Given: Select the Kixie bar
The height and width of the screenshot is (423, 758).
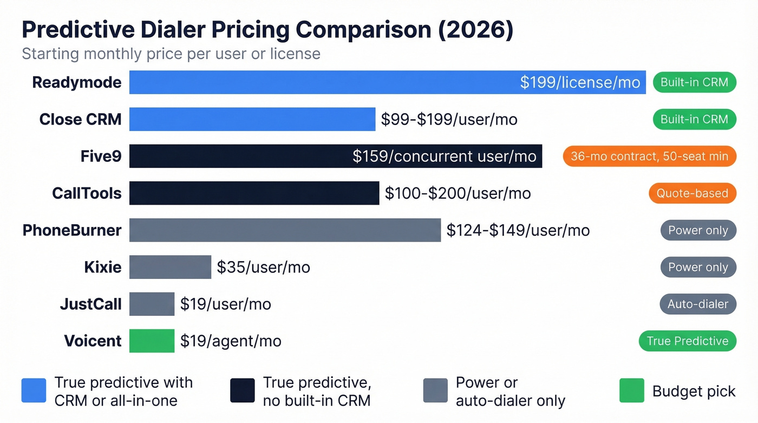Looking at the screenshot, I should click(x=170, y=267).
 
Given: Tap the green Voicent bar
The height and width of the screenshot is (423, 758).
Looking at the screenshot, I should click(x=152, y=341).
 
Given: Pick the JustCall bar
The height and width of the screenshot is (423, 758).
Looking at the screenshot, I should click(x=152, y=304).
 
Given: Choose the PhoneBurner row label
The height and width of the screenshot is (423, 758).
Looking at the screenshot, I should click(x=72, y=230).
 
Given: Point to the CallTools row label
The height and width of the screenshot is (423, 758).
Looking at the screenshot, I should click(x=87, y=193).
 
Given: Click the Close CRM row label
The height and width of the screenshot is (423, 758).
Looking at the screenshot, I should click(x=80, y=119).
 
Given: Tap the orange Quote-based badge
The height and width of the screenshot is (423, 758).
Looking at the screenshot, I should click(x=692, y=193).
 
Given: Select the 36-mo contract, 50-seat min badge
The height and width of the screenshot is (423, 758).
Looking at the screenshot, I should click(x=649, y=157).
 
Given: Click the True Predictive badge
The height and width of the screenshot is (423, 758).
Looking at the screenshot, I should click(x=688, y=341).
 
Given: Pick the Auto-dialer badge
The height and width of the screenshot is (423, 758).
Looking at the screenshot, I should click(x=698, y=304).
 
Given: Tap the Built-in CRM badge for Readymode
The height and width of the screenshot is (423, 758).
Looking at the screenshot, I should click(x=694, y=82).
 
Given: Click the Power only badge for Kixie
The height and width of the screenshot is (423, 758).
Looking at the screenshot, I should click(x=698, y=267).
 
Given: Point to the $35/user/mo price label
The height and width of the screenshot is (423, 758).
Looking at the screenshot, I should click(x=263, y=267).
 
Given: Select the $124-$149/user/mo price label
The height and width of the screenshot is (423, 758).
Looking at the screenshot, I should click(x=518, y=230).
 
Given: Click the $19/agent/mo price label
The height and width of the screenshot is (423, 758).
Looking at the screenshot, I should click(x=231, y=341).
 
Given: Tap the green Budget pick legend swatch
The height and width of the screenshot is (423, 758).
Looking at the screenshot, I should click(x=631, y=391).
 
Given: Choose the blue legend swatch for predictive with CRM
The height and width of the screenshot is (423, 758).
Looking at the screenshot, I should click(x=34, y=391).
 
